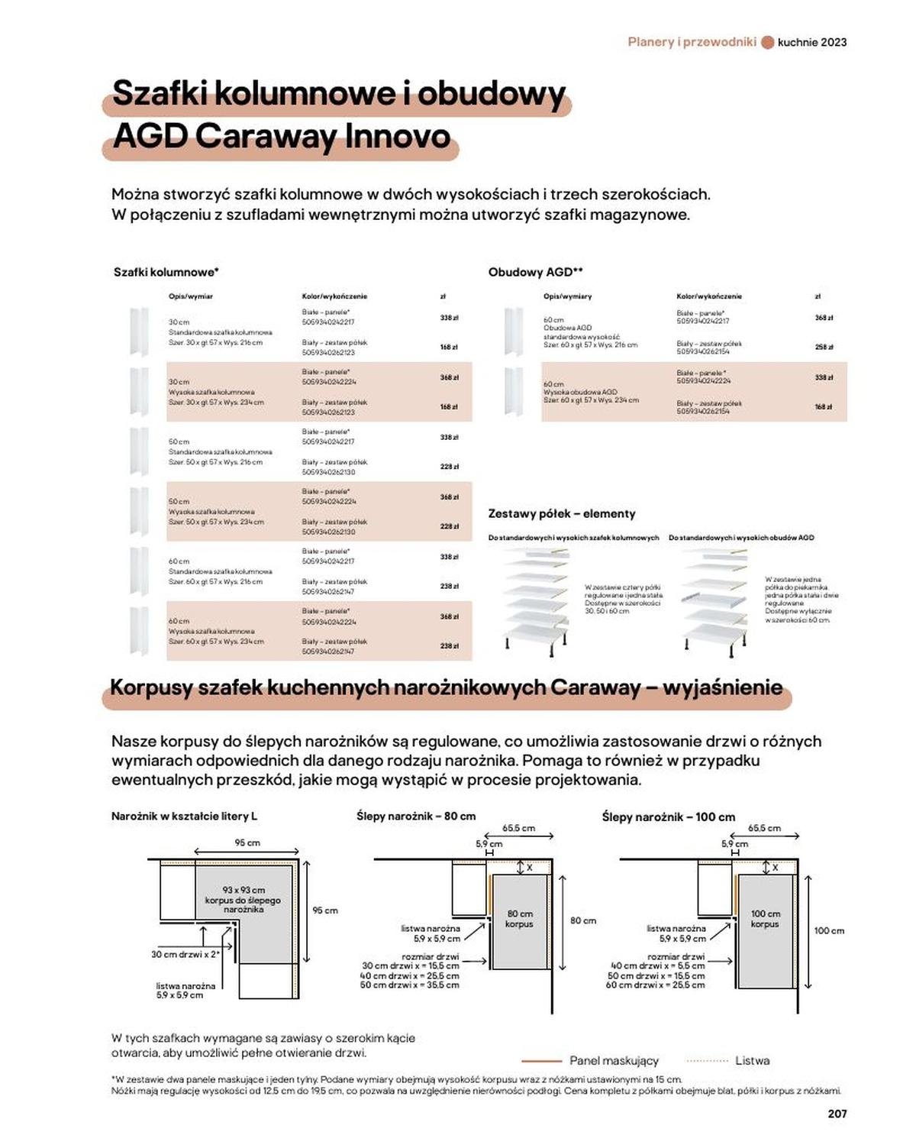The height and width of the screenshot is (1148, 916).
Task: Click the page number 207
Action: coord(837,1114)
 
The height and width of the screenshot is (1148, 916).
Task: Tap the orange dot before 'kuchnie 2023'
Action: coord(768,42)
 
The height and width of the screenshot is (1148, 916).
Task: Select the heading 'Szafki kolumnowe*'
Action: coord(166,272)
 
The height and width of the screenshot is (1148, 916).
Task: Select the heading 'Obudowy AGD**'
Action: coord(536,272)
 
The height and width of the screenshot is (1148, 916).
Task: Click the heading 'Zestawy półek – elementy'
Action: coord(562,514)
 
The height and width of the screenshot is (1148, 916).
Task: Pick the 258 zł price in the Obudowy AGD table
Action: coord(824,347)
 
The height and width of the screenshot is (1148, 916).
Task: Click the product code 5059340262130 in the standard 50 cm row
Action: coord(328,472)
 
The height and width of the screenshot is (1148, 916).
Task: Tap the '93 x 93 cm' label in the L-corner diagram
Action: coord(244,890)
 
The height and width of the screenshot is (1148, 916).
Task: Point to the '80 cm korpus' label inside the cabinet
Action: coord(519,919)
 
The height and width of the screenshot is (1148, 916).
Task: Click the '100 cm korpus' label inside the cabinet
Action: coord(765,919)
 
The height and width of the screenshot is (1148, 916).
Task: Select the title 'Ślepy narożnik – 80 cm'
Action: coord(416,816)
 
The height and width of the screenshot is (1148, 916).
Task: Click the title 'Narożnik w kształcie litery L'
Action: coord(184,816)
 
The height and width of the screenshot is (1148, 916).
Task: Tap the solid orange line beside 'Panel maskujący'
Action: coord(541,1061)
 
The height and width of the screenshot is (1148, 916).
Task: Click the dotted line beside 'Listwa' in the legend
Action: coord(708,1061)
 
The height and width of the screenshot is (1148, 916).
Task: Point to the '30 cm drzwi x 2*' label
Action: coord(185,954)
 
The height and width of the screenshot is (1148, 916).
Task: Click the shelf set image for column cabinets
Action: coord(536,600)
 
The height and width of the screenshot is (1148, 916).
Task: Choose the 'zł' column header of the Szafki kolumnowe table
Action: coord(443,296)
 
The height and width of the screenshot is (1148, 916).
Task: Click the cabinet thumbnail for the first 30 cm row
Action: coord(139,331)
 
